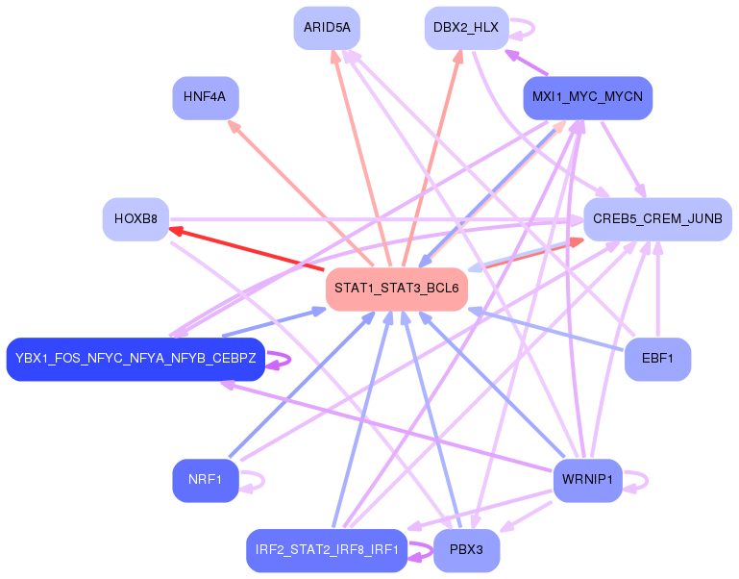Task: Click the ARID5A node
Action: [x=327, y=28]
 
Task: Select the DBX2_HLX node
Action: [x=467, y=28]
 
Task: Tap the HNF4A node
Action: [x=206, y=98]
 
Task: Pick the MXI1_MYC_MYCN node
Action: [x=588, y=98]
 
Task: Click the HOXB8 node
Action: [x=135, y=219]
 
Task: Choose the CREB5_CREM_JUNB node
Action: [x=657, y=219]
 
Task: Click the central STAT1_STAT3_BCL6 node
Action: [x=397, y=289]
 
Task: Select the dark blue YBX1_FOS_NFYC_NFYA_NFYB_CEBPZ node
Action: [x=135, y=359]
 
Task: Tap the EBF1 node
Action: [x=657, y=359]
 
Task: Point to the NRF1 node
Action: [x=206, y=480]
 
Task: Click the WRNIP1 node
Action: [x=588, y=480]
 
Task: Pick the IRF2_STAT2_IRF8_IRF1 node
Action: [x=327, y=550]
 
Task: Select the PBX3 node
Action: [x=467, y=550]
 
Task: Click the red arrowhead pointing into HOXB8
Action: [x=176, y=231]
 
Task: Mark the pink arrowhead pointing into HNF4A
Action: [x=234, y=126]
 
